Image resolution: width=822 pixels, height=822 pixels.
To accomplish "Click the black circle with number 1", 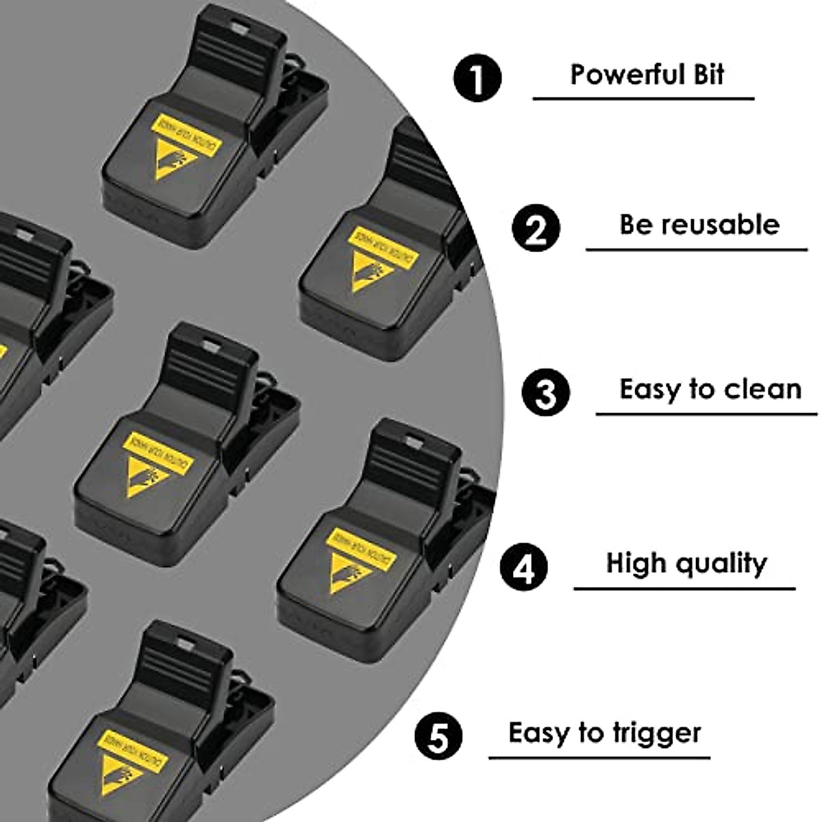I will point(477,77).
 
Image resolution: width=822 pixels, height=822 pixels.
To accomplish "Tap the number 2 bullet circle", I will point(536,229).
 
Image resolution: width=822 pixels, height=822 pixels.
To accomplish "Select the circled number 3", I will point(545,393).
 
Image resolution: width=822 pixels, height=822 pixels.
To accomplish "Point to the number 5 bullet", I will point(439,736).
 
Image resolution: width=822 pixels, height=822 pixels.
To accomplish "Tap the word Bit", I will point(708,74).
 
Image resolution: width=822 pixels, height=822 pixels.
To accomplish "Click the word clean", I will point(762,389).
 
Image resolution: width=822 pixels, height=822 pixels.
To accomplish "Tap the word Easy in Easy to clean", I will point(651,389).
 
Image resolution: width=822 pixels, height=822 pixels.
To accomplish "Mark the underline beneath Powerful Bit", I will point(643,99).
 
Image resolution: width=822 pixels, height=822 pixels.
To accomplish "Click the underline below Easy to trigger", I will point(599,758).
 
